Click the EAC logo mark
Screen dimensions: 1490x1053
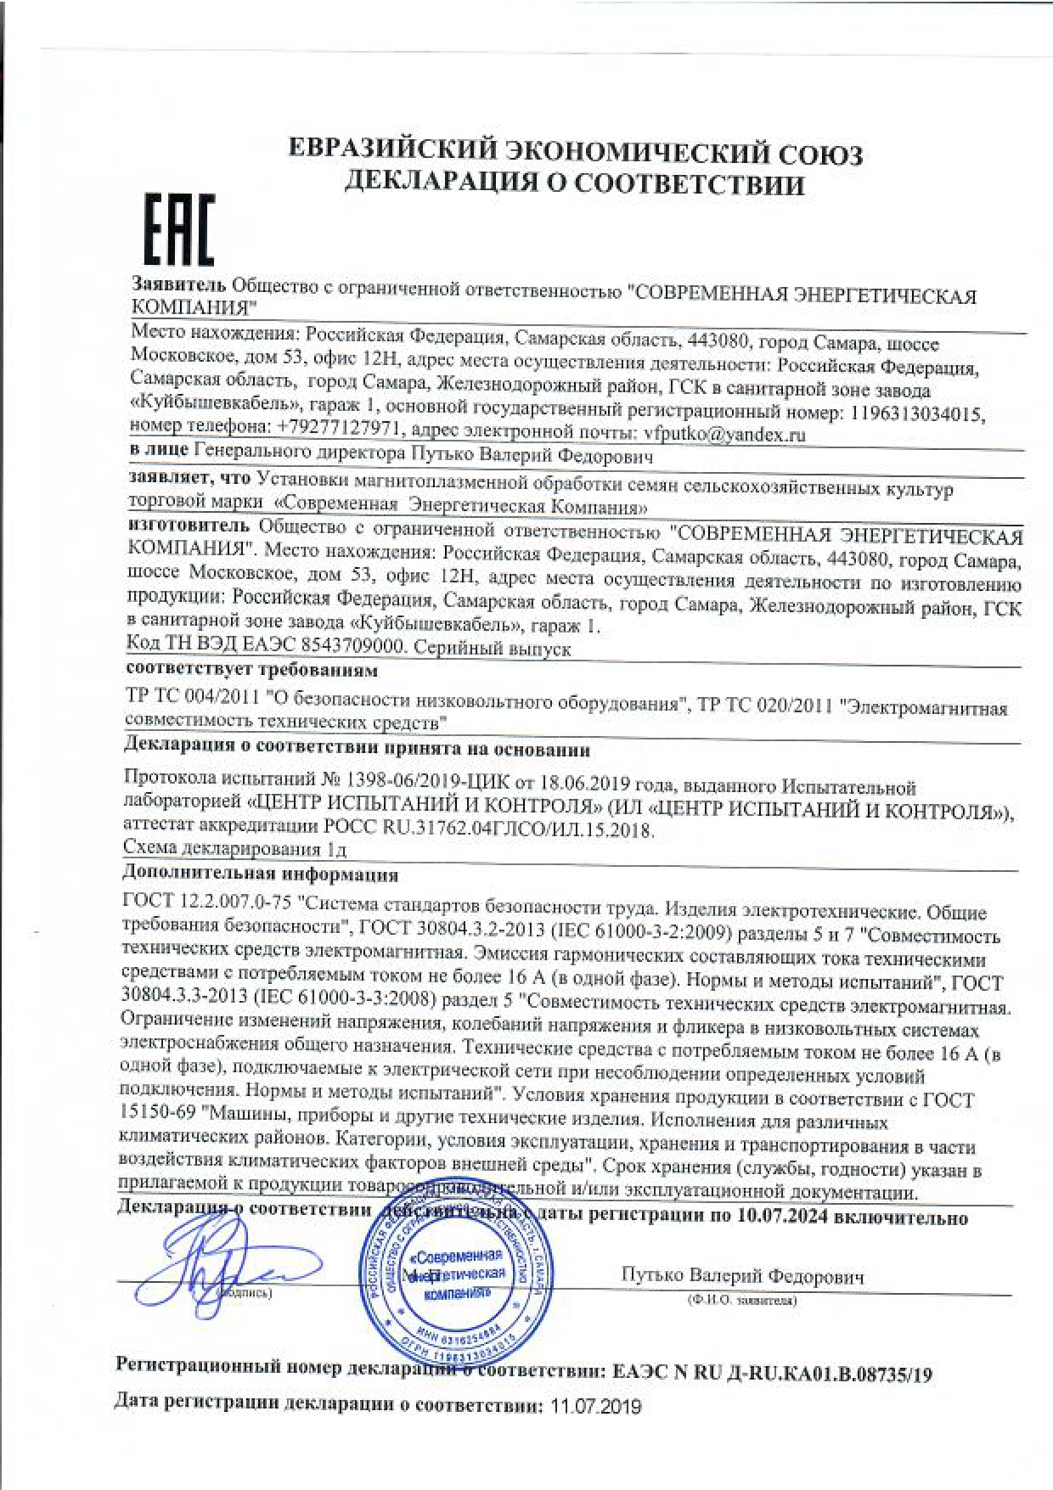[x=177, y=228]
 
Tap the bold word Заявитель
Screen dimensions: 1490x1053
[x=179, y=284]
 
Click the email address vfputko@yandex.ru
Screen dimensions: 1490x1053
[x=724, y=435]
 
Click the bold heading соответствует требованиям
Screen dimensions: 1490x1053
[x=251, y=670]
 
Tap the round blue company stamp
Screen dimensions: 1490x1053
[x=456, y=1278]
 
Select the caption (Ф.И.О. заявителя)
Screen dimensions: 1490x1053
[x=741, y=1301]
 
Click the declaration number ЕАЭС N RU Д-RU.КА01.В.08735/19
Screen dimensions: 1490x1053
[x=771, y=1373]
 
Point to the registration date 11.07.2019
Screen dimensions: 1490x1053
[x=595, y=1406]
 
